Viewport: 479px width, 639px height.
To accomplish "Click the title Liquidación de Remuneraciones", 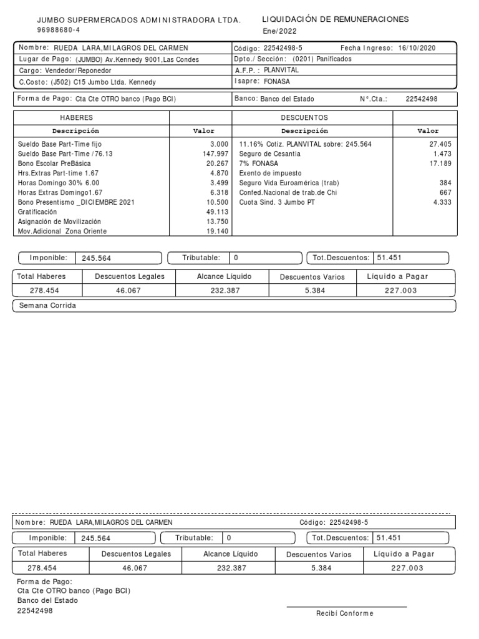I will pos(336,19).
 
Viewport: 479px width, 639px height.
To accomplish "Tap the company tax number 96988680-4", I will pos(59,30).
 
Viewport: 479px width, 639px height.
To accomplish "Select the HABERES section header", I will pos(76,117).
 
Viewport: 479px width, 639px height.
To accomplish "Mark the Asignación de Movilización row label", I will pos(59,222).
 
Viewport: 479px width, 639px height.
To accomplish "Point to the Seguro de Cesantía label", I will pos(270,154).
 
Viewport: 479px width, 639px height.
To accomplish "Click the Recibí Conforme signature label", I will pos(344,613).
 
